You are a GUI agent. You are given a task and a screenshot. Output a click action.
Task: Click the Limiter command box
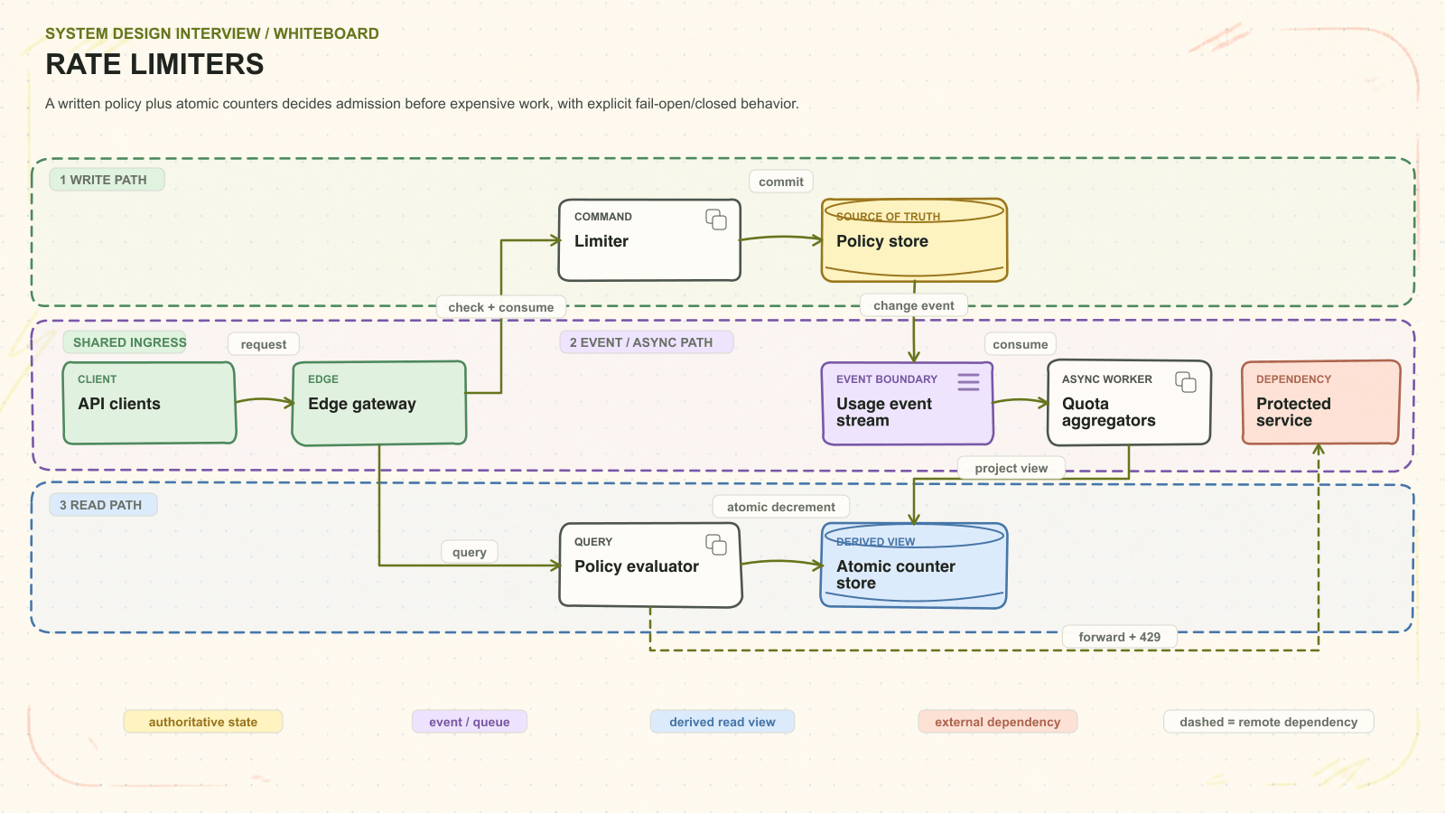click(x=649, y=240)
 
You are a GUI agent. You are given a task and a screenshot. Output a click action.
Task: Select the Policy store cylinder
click(x=914, y=240)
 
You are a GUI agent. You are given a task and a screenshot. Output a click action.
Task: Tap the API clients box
click(x=150, y=403)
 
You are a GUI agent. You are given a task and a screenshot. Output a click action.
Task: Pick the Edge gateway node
click(x=379, y=403)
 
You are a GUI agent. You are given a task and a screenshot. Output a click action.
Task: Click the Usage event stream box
click(x=908, y=403)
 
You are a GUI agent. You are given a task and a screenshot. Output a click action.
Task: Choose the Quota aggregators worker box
click(x=1129, y=403)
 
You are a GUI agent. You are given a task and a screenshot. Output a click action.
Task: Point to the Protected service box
click(x=1321, y=403)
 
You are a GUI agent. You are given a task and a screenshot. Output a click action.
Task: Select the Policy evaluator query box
click(x=650, y=565)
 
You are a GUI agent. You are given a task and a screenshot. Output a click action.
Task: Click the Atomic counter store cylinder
click(x=913, y=565)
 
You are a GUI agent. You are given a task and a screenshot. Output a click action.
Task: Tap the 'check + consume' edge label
click(x=501, y=307)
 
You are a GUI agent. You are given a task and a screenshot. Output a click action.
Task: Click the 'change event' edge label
click(x=913, y=305)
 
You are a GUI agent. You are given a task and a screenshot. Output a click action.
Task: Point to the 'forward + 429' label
click(x=1119, y=637)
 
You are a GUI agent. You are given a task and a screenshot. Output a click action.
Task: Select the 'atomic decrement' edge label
click(x=780, y=507)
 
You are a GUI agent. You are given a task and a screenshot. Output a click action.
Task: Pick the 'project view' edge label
click(x=1011, y=468)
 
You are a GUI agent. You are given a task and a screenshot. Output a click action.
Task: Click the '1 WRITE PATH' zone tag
click(x=107, y=180)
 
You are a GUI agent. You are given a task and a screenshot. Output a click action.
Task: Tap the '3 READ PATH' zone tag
click(x=103, y=505)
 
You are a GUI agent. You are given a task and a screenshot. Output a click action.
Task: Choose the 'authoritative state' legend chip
click(x=203, y=722)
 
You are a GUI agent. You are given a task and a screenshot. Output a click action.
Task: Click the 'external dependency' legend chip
click(x=997, y=722)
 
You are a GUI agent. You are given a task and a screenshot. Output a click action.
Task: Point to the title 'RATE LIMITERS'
click(x=154, y=64)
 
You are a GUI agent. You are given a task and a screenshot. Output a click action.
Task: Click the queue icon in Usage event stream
click(x=968, y=382)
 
